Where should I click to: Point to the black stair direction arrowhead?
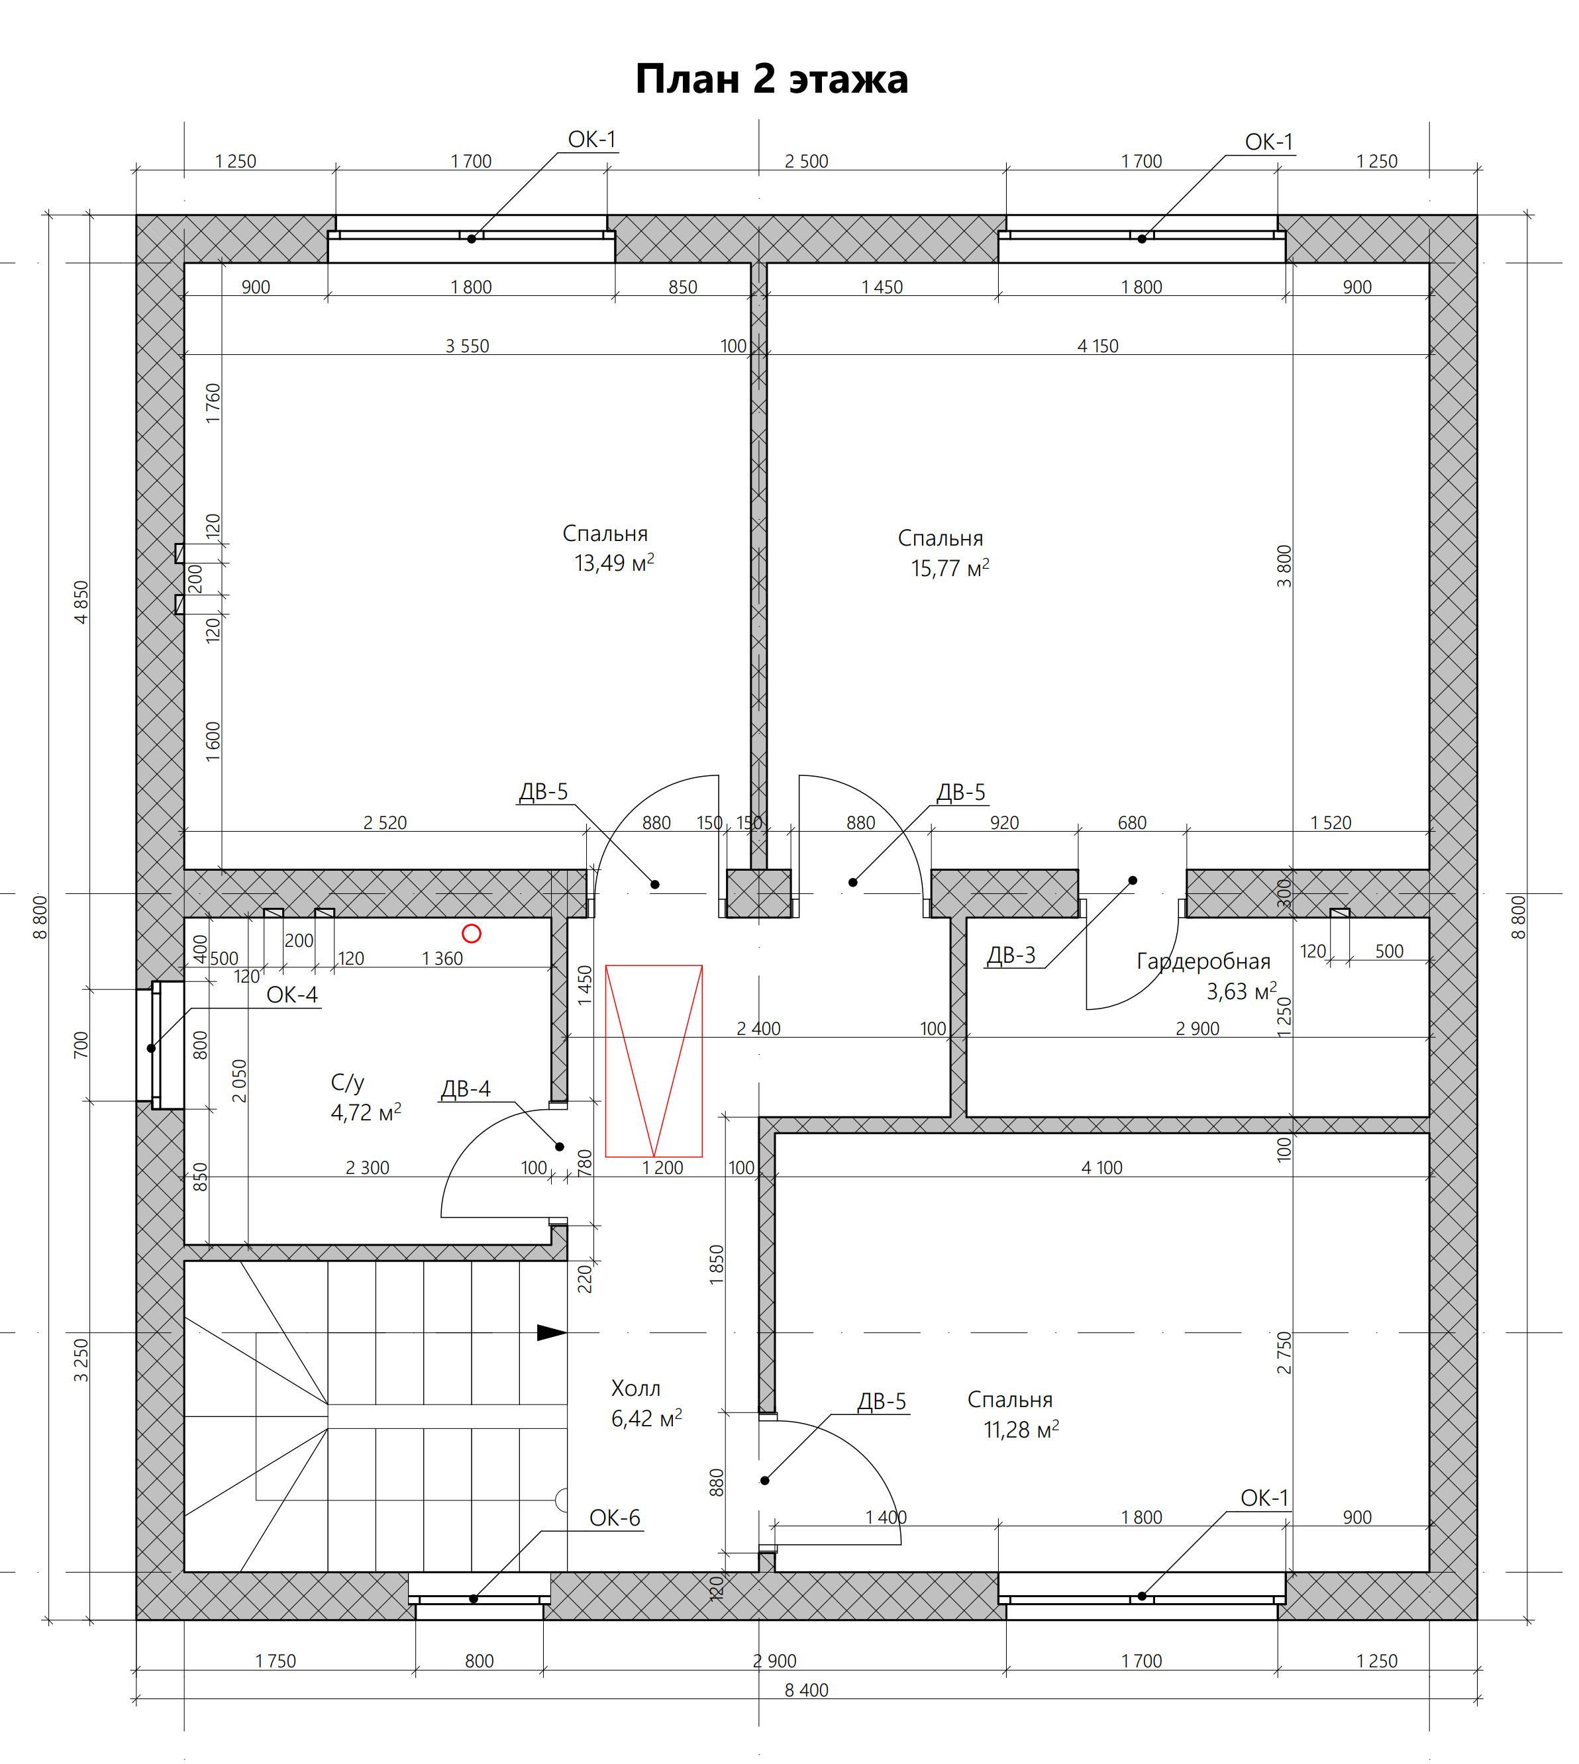tap(552, 1332)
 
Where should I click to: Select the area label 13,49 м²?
tap(614, 563)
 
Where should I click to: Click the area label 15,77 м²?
tap(950, 569)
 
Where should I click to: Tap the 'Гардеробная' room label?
tap(1203, 961)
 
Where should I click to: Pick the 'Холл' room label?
tap(636, 1389)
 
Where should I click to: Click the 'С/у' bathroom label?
tap(347, 1083)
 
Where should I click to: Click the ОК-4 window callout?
tap(291, 995)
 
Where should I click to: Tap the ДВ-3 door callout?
tap(1011, 955)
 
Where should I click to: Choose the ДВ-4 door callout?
tap(466, 1089)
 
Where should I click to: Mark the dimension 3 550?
tap(468, 346)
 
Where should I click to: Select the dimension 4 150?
tap(1098, 346)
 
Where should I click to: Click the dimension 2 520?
tap(385, 823)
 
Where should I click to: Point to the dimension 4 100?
tap(1102, 1168)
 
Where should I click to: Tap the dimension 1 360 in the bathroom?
tap(442, 958)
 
